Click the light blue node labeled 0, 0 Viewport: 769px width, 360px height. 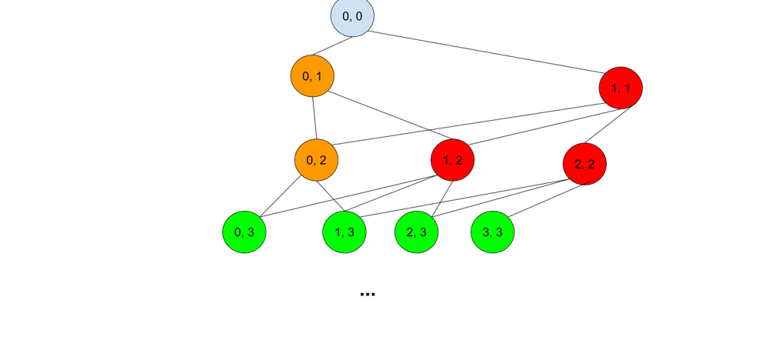[x=352, y=16]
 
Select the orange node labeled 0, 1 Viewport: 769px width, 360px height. [x=312, y=76]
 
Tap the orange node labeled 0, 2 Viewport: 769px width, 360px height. [x=316, y=160]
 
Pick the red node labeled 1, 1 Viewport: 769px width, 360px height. [x=621, y=88]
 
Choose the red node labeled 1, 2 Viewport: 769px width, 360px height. [x=452, y=160]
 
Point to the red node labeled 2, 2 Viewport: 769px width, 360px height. [x=584, y=164]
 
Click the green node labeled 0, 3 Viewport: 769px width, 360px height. [x=244, y=232]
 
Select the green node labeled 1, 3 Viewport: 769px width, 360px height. [x=345, y=232]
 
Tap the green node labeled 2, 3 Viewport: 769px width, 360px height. [x=416, y=232]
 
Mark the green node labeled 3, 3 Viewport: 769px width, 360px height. [x=492, y=232]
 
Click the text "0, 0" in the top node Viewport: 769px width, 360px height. [x=352, y=15]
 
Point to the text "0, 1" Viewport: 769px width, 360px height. [x=312, y=76]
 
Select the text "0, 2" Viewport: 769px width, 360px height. [x=316, y=160]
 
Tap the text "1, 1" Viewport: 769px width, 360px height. [x=621, y=88]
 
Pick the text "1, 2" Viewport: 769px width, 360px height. [x=452, y=160]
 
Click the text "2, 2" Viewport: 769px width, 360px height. [x=584, y=165]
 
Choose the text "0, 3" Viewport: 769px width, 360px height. [x=244, y=232]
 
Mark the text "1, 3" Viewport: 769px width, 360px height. [x=345, y=232]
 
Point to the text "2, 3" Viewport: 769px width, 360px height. [x=416, y=232]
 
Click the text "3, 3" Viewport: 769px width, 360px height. [x=492, y=232]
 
